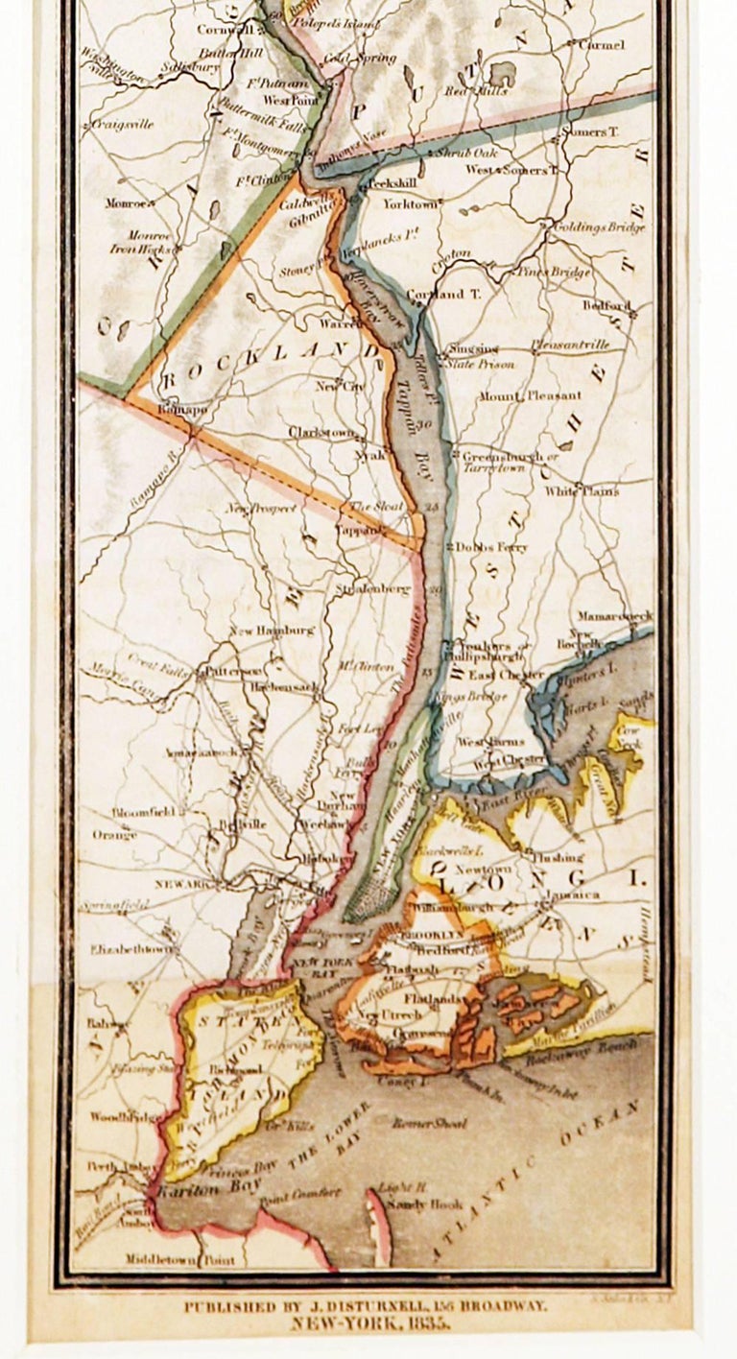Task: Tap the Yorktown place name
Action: pos(410,204)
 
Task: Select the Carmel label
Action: pos(601,45)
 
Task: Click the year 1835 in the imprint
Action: pos(427,1323)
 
